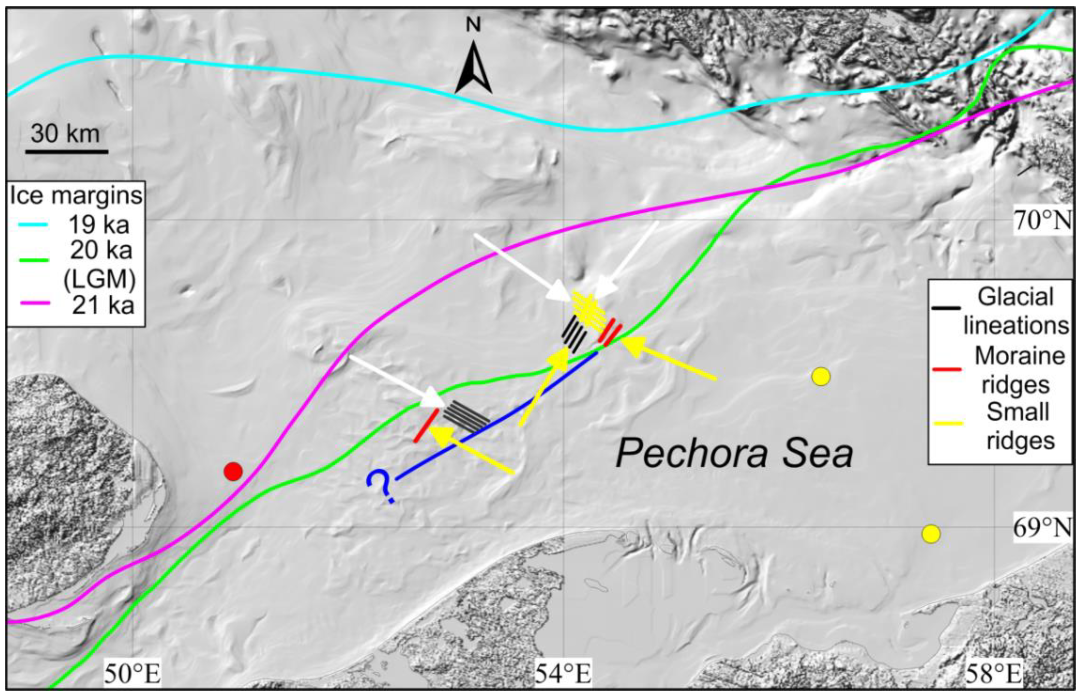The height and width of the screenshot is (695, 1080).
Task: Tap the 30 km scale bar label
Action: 66,134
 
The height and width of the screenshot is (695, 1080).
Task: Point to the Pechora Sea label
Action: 734,453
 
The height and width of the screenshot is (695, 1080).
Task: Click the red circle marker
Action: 233,472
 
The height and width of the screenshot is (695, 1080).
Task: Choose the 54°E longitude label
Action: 564,675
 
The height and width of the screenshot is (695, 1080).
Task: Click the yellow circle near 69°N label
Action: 930,534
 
